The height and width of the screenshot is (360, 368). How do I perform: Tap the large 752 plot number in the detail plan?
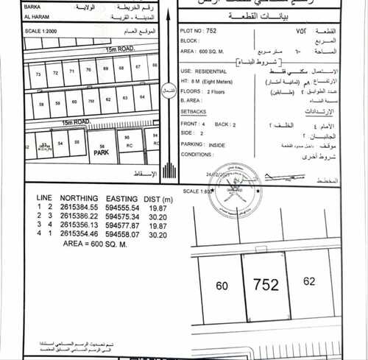[x=265, y=284]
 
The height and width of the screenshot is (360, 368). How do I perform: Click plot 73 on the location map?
[x=38, y=74]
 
